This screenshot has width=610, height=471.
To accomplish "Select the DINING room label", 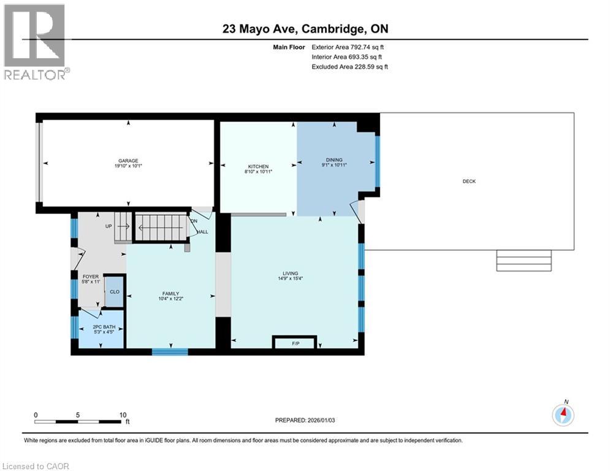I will pos(334,161).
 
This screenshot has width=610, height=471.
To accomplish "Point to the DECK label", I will pos(469,181).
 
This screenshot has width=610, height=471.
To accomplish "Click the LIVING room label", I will pos(290,274).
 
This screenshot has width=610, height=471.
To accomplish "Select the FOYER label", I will pos(91,277).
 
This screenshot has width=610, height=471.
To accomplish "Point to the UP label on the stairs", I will pos(109,226).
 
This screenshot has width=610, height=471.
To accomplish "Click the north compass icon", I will pos(562,415).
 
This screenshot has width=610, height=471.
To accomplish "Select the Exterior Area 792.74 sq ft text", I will pos(348,47).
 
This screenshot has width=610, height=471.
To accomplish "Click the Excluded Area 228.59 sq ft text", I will pos(350,66).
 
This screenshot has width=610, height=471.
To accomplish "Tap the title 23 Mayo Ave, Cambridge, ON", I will pos(305,29).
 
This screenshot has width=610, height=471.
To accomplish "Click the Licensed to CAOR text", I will pos(37,466).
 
